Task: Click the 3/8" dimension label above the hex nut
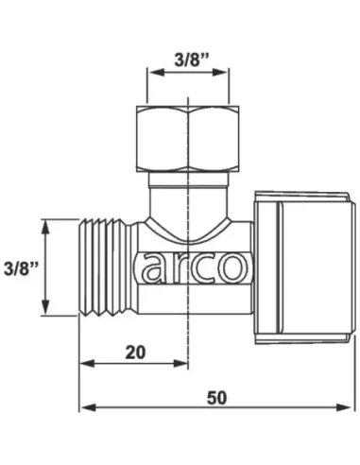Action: pos(192,60)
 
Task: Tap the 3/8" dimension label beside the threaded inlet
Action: pos(21,268)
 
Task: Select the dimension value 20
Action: pos(135,353)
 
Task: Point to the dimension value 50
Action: pos(216,398)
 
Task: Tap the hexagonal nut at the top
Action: pos(188,139)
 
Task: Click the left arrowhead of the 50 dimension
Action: pos(88,407)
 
